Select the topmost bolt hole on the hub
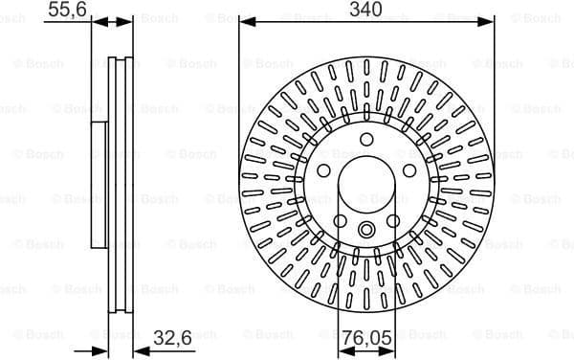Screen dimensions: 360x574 coord(366,141)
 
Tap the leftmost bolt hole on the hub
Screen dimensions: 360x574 coord(324,171)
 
